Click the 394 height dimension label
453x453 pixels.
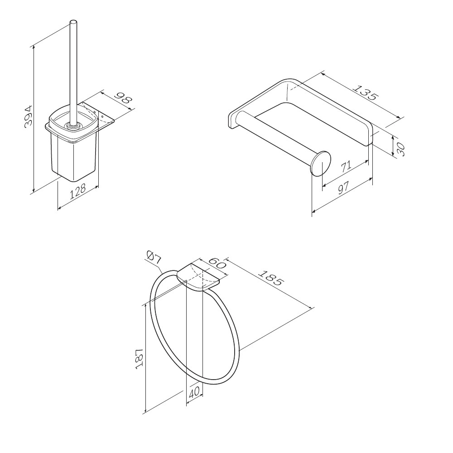pyautogui.click(x=29, y=117)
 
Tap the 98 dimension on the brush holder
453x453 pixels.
pyautogui.click(x=123, y=98)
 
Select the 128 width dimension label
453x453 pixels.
pyautogui.click(x=78, y=191)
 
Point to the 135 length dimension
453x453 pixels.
pyautogui.click(x=365, y=92)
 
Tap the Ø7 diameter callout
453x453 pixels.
pyautogui.click(x=154, y=257)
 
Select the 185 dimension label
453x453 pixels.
pyautogui.click(x=270, y=277)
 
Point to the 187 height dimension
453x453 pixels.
pyautogui.click(x=139, y=358)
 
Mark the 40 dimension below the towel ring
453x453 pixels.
pyautogui.click(x=194, y=392)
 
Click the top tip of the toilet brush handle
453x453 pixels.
pyautogui.click(x=74, y=21)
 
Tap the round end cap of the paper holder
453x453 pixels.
pyautogui.click(x=321, y=164)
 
